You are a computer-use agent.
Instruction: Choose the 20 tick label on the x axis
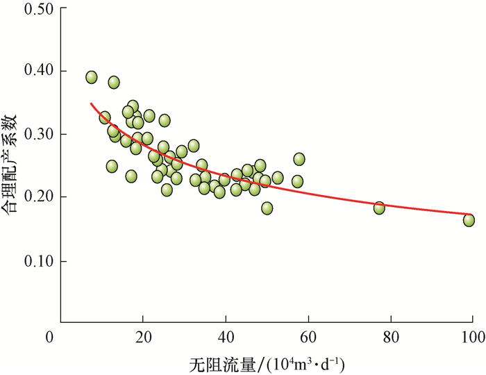pos(143,338)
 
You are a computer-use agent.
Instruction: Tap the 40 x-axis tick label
pos(226,338)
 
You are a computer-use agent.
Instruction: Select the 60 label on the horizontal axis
pos(308,338)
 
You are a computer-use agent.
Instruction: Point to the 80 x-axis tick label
pos(391,338)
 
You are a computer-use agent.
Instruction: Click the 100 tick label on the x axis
pos(472,338)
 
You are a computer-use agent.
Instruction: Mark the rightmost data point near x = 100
pos(469,220)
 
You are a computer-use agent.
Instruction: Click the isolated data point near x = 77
pos(379,208)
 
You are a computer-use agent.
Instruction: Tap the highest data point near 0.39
pos(92,77)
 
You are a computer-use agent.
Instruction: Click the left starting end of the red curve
pos(92,104)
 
